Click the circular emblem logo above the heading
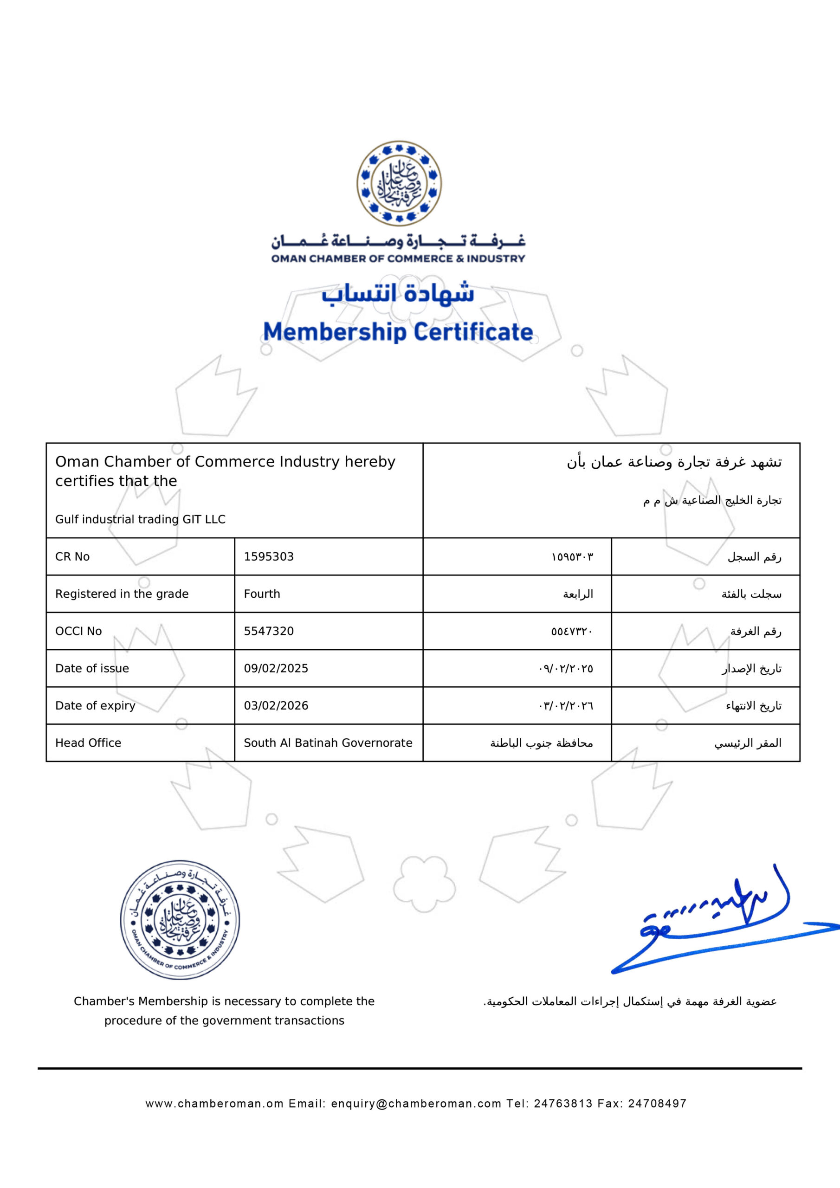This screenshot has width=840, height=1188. [399, 183]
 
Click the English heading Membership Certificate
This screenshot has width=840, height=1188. [398, 332]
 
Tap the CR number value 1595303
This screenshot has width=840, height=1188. [269, 557]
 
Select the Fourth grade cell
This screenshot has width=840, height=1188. [262, 594]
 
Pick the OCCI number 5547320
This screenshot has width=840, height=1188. [269, 631]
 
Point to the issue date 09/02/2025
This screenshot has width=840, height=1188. [276, 669]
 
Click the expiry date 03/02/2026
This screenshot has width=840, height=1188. [276, 706]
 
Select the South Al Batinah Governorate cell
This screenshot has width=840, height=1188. [328, 743]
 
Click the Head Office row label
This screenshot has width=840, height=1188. [88, 743]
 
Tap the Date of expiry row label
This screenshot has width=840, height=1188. [95, 706]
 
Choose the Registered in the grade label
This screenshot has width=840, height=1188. [122, 594]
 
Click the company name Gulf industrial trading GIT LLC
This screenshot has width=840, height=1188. [140, 519]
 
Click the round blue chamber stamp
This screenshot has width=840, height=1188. [180, 919]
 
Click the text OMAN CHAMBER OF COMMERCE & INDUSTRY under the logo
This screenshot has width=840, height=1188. [398, 258]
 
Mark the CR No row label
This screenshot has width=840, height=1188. [72, 557]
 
